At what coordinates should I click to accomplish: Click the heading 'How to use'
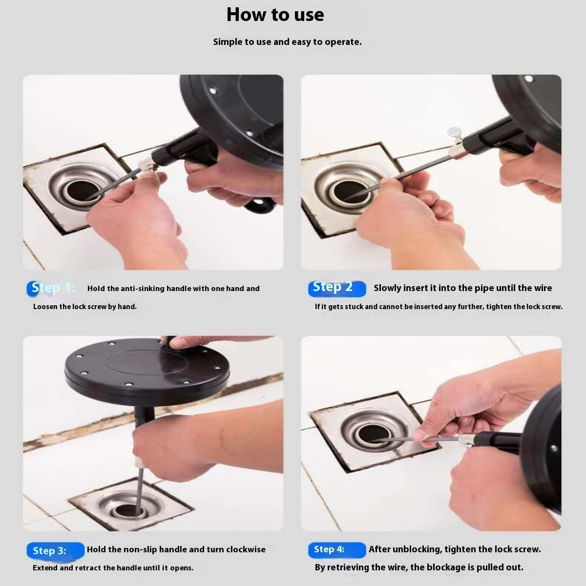coord(275,15)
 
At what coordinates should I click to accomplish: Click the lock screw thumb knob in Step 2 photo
coord(453,134)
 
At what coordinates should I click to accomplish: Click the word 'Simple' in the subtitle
coord(227,42)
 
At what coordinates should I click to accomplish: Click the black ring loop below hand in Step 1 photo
coord(259,205)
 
